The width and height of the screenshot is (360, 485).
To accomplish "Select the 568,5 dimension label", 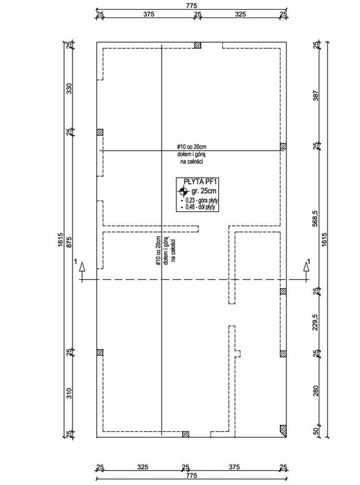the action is [x=315, y=219].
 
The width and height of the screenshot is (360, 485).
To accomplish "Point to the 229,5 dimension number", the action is [x=315, y=323].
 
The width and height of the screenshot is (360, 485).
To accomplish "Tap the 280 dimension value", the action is [x=315, y=391].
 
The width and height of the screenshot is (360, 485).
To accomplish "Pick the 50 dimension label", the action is [x=315, y=431].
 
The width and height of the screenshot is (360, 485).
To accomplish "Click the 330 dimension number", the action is [x=69, y=89].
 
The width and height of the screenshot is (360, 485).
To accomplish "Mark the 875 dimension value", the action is [x=69, y=242].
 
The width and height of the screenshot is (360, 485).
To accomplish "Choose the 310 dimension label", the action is [x=69, y=393].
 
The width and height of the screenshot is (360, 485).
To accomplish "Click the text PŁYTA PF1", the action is [x=197, y=182].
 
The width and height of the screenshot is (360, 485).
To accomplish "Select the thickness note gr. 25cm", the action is [x=204, y=191].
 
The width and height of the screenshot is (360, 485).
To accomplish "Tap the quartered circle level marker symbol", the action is [x=183, y=191].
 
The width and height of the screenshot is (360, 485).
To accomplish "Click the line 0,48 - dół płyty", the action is [x=200, y=207].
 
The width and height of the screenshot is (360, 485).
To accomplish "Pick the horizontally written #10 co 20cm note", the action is [x=191, y=147].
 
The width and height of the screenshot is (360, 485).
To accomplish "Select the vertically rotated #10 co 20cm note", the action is [x=158, y=250].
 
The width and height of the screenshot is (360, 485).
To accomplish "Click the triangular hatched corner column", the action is [x=283, y=431].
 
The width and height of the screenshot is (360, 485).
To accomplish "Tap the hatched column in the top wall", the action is [x=198, y=45].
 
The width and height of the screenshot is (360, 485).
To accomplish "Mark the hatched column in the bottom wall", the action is [x=185, y=435].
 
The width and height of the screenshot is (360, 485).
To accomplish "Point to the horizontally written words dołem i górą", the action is [x=191, y=154].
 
